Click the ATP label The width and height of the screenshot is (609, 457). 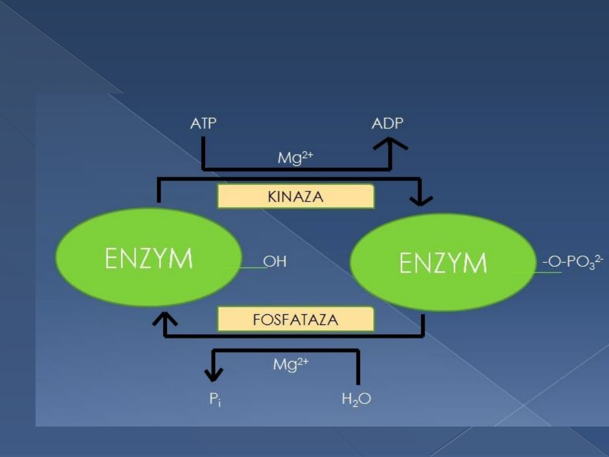[203, 123]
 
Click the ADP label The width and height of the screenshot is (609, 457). [387, 123]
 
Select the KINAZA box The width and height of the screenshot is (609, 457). [295, 197]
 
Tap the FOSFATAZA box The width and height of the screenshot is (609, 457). [295, 319]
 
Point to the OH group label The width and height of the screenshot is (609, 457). [275, 262]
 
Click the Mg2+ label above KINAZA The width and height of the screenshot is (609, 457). [295, 158]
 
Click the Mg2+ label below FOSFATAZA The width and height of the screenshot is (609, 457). [290, 364]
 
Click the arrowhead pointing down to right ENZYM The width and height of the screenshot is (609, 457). [421, 200]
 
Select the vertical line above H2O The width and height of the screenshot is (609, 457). [358, 367]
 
